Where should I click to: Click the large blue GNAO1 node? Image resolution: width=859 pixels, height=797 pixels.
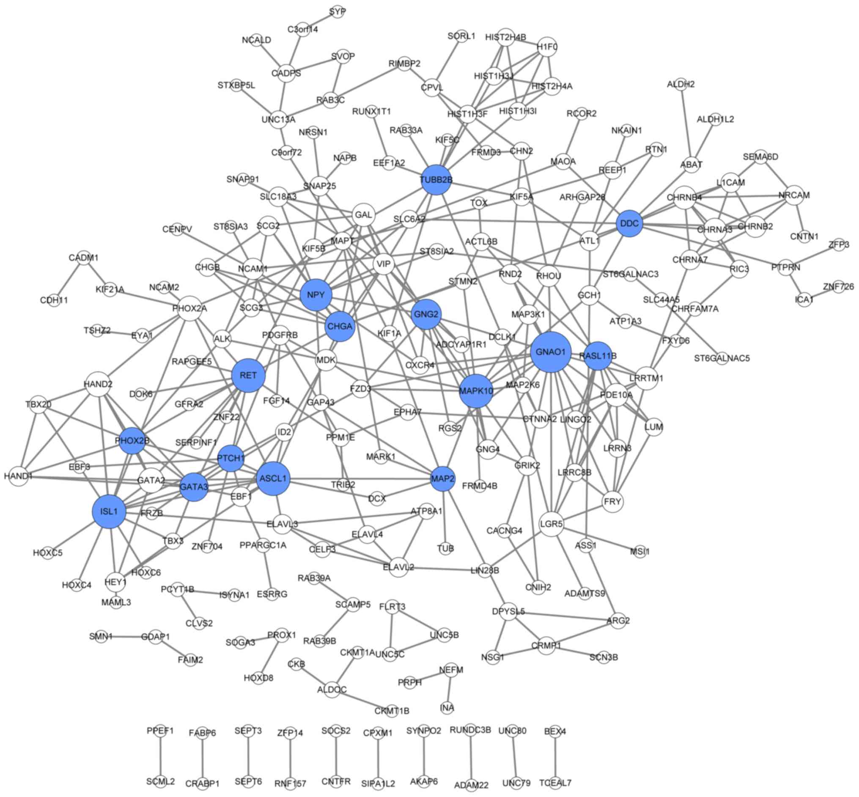(551, 352)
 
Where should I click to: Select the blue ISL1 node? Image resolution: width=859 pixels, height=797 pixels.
(109, 511)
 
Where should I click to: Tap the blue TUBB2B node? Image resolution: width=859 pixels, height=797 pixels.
(436, 179)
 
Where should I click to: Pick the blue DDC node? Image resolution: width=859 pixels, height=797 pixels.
(629, 223)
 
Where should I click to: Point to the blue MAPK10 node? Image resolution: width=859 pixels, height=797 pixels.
(476, 391)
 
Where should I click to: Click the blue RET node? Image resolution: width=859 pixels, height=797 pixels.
(248, 375)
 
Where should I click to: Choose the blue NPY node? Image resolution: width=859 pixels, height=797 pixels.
(316, 295)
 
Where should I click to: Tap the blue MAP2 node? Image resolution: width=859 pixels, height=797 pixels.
(442, 479)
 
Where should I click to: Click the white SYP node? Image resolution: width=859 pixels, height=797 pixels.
(338, 12)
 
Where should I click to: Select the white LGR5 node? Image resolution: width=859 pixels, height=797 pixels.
(552, 524)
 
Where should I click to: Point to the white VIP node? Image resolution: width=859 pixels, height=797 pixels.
(383, 264)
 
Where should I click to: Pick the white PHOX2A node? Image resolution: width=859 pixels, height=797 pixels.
(190, 308)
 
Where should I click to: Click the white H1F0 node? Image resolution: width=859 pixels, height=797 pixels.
(547, 47)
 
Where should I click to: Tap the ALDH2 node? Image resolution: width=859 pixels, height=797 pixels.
(681, 84)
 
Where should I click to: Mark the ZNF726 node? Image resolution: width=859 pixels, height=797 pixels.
(838, 287)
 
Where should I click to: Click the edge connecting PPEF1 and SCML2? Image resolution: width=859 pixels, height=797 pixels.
(160, 756)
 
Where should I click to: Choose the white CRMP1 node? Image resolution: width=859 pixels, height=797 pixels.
(546, 646)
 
